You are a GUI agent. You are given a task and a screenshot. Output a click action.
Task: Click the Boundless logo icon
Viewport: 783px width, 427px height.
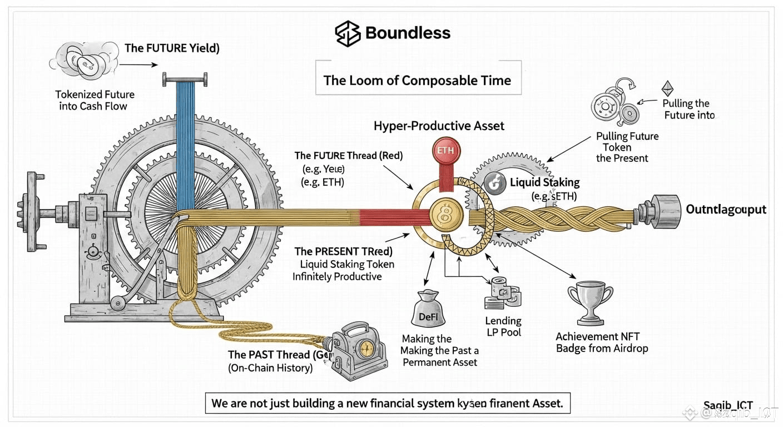(x=348, y=33)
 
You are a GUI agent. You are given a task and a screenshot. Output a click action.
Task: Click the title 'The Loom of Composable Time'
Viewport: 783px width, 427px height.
(x=417, y=80)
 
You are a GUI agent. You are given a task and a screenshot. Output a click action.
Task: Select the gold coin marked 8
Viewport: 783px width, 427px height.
(x=445, y=215)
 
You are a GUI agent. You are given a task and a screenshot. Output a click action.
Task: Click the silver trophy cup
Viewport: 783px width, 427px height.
(x=590, y=304)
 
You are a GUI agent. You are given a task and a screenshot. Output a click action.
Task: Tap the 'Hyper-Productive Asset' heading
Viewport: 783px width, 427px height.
(x=439, y=126)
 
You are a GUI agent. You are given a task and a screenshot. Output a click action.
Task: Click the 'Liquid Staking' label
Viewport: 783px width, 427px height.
(x=544, y=182)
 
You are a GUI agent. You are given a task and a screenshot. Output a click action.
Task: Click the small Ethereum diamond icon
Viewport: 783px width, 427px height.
(x=667, y=89)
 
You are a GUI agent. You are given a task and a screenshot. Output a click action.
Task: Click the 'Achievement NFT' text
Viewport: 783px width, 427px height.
(x=598, y=336)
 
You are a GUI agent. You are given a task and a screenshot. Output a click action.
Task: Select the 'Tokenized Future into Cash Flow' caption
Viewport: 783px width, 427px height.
(x=95, y=100)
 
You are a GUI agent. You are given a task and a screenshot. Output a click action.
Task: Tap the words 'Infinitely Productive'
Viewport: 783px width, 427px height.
(x=337, y=276)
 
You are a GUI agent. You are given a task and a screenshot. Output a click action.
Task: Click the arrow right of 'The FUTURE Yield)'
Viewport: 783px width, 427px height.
(x=138, y=65)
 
